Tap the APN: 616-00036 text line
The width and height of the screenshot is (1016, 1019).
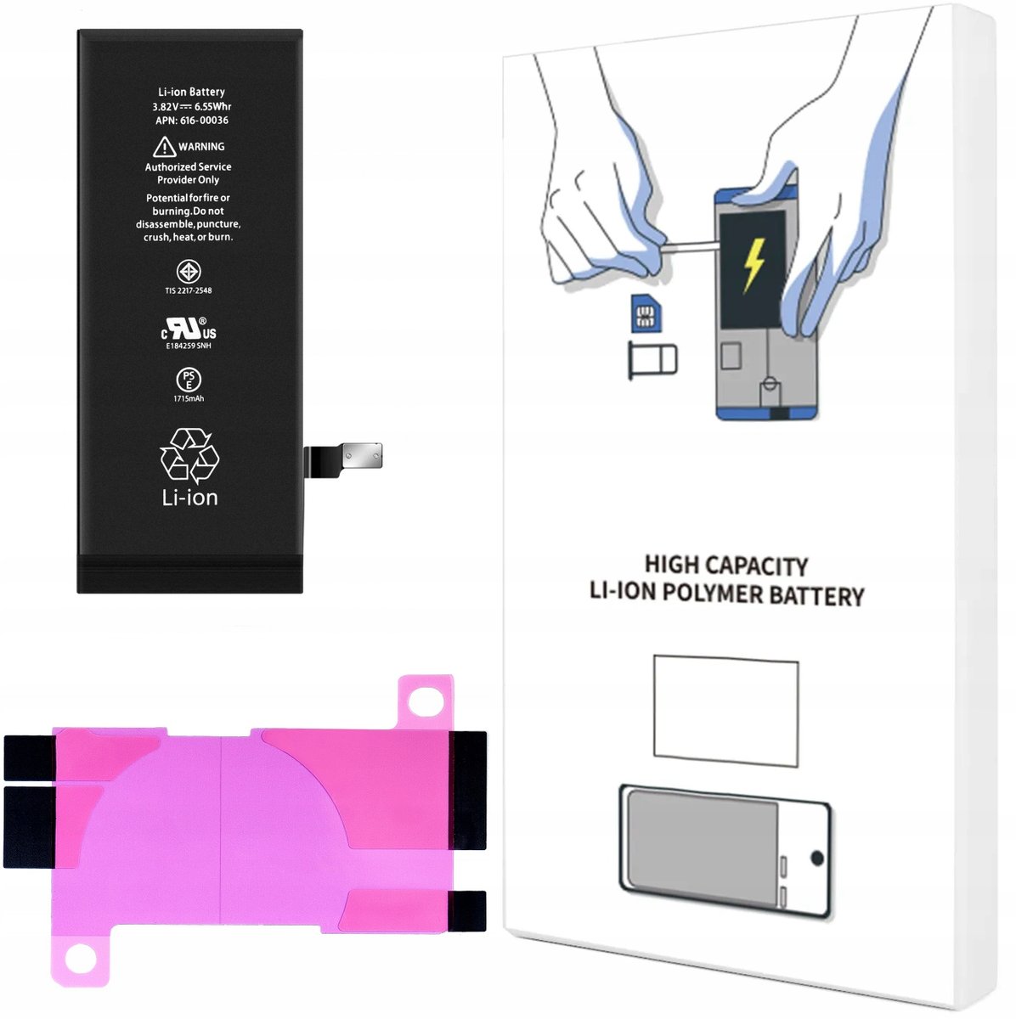192,121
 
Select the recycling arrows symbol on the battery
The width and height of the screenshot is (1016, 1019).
189,456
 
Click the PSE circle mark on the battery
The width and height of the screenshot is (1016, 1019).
189,379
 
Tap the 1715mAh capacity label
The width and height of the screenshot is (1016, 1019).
189,399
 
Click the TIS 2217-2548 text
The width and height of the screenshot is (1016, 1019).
189,290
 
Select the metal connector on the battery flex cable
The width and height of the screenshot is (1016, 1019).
362,455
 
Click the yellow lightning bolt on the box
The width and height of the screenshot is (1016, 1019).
754,264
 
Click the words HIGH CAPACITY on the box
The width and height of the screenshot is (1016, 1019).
726,566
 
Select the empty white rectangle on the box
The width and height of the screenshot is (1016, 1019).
726,711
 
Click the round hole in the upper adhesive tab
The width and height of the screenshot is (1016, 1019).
426,701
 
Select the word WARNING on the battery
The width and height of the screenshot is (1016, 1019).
201,146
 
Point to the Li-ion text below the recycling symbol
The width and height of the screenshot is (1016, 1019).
190,498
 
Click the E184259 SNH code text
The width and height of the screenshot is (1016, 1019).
189,346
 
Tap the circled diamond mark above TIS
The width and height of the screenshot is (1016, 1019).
189,272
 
